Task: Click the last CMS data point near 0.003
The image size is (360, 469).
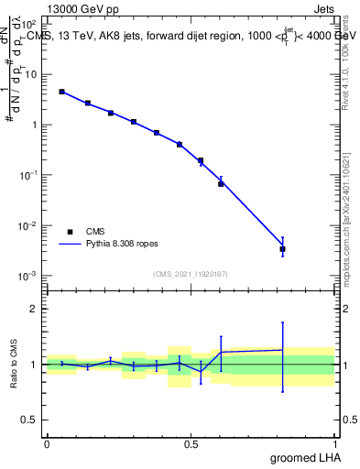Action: [x=282, y=249]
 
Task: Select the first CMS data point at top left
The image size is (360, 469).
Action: [x=61, y=92]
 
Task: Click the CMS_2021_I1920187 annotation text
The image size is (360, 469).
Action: [x=190, y=274]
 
